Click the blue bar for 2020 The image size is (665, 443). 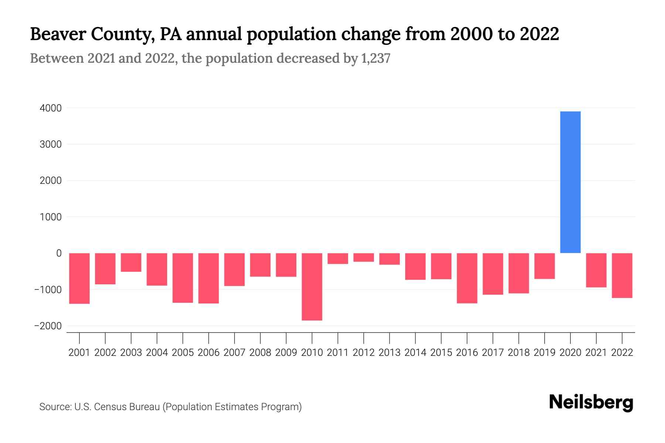[570, 182]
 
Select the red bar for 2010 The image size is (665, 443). [312, 286]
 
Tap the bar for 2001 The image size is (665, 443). [79, 278]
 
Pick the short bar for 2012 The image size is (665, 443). [364, 257]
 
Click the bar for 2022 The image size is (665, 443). [622, 275]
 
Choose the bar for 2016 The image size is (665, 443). [467, 278]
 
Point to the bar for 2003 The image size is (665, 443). [131, 262]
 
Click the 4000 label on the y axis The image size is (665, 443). [51, 108]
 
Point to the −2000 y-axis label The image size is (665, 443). [48, 326]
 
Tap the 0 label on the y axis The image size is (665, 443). [59, 253]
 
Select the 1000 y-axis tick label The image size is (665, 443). [51, 217]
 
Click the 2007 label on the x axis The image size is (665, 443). [234, 353]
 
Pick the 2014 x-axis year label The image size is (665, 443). [415, 353]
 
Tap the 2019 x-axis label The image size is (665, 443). [544, 353]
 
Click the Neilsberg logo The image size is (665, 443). [591, 403]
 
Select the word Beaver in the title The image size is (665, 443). [57, 34]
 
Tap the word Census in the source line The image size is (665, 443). [109, 407]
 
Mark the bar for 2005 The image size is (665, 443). [183, 278]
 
